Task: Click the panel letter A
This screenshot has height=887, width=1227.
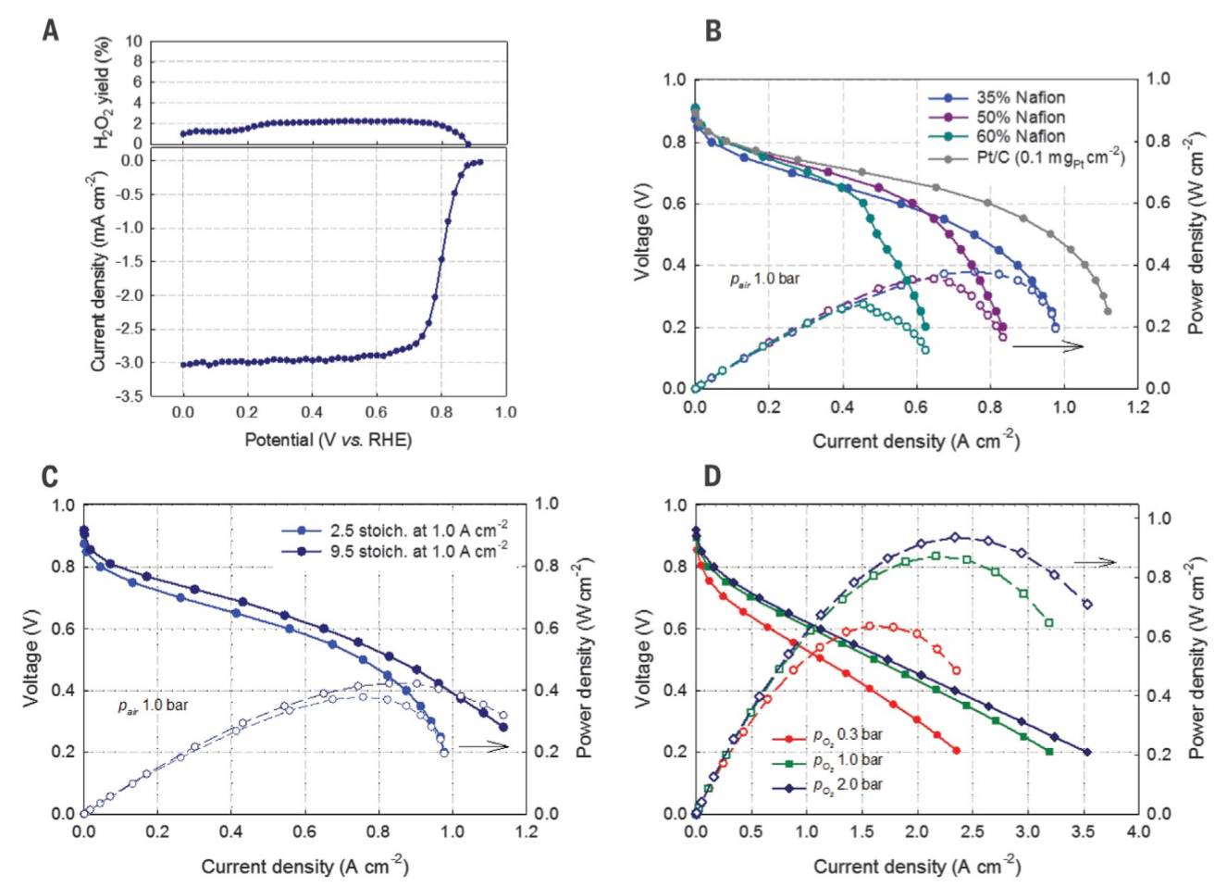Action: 51,30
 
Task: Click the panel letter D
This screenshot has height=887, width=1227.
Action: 712,476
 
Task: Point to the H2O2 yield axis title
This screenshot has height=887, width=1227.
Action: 103,93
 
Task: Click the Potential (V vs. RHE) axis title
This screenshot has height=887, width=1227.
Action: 328,439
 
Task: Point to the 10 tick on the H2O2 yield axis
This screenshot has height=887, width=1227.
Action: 134,41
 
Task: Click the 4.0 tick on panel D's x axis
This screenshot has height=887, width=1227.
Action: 1137,831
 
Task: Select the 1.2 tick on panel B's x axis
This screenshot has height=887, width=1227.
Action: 1137,406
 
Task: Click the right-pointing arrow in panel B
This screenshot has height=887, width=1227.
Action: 1047,346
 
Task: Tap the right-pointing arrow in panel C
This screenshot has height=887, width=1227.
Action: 483,746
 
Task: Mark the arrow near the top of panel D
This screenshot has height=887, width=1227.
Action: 1095,562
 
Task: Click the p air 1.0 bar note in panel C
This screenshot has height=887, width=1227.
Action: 153,706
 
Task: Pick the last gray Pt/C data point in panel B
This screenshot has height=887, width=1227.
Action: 1108,311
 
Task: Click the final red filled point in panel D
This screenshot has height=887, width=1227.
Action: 956,750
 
